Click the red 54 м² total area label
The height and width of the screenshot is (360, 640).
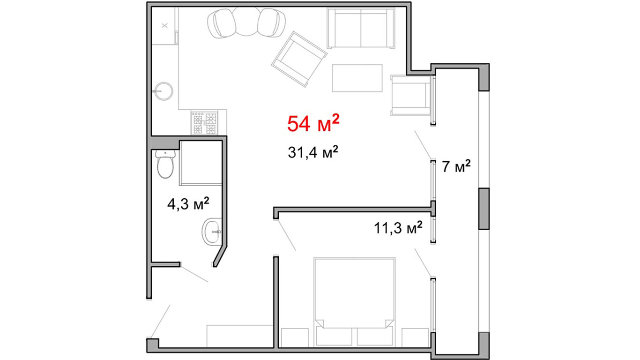tap(313, 124)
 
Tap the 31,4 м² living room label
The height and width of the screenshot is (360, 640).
tap(313, 152)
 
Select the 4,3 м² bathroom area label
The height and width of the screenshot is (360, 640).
tap(188, 203)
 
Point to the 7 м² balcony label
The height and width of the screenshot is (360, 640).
tap(456, 166)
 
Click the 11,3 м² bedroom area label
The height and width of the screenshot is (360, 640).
tap(398, 228)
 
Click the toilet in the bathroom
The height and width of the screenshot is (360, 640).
tap(165, 164)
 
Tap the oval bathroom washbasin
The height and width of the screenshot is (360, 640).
tap(212, 232)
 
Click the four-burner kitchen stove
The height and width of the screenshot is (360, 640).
tap(204, 123)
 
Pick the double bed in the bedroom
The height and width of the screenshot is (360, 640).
tap(355, 302)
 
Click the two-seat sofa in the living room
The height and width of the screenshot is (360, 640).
tap(361, 28)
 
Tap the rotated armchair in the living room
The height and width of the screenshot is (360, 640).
tap(299, 59)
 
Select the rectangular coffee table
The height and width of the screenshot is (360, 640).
tap(357, 78)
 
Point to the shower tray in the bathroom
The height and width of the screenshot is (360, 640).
tap(201, 163)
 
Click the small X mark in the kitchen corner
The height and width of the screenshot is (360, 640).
tap(164, 26)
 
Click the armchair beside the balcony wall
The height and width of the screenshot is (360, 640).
tap(411, 96)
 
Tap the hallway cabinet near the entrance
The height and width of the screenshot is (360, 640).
tap(240, 336)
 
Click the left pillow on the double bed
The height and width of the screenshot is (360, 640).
tap(334, 337)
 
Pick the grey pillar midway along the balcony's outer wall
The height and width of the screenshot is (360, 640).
tap(484, 209)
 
